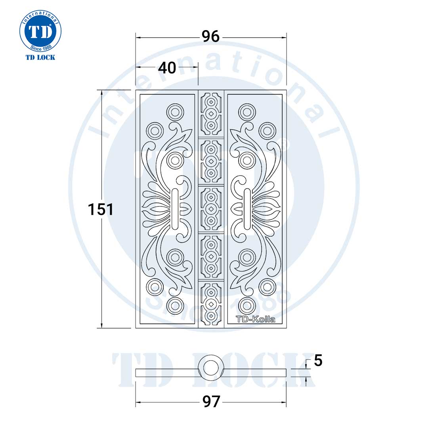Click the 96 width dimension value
210,37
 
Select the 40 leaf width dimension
167,68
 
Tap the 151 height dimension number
101,209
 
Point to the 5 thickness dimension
318,361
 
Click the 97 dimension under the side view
211,402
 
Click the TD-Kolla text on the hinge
255,319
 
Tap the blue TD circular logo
40,31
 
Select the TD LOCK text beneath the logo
40,57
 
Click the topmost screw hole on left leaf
175,112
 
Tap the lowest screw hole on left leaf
175,305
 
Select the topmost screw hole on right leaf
247,112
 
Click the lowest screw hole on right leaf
247,305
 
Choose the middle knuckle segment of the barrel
211,209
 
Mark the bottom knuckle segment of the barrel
211,304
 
